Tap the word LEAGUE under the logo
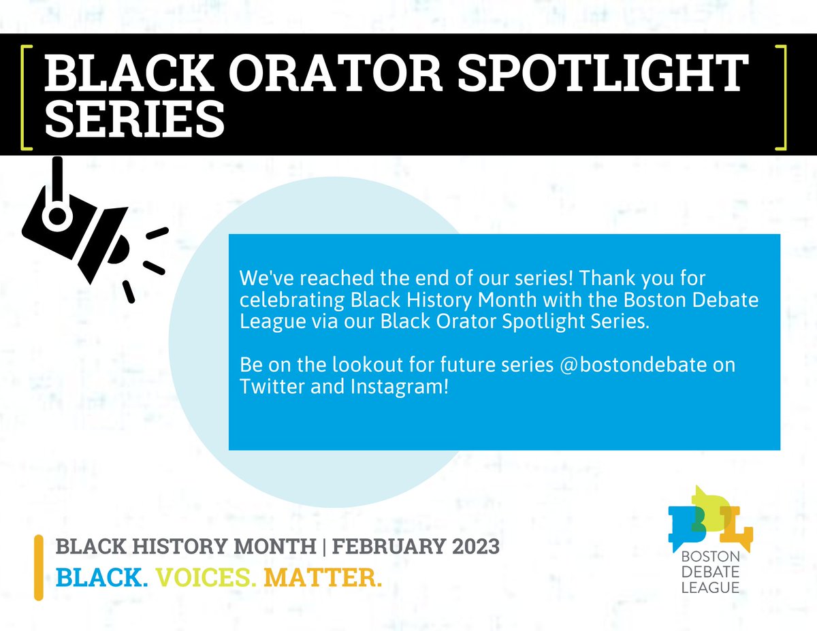[711, 587]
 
